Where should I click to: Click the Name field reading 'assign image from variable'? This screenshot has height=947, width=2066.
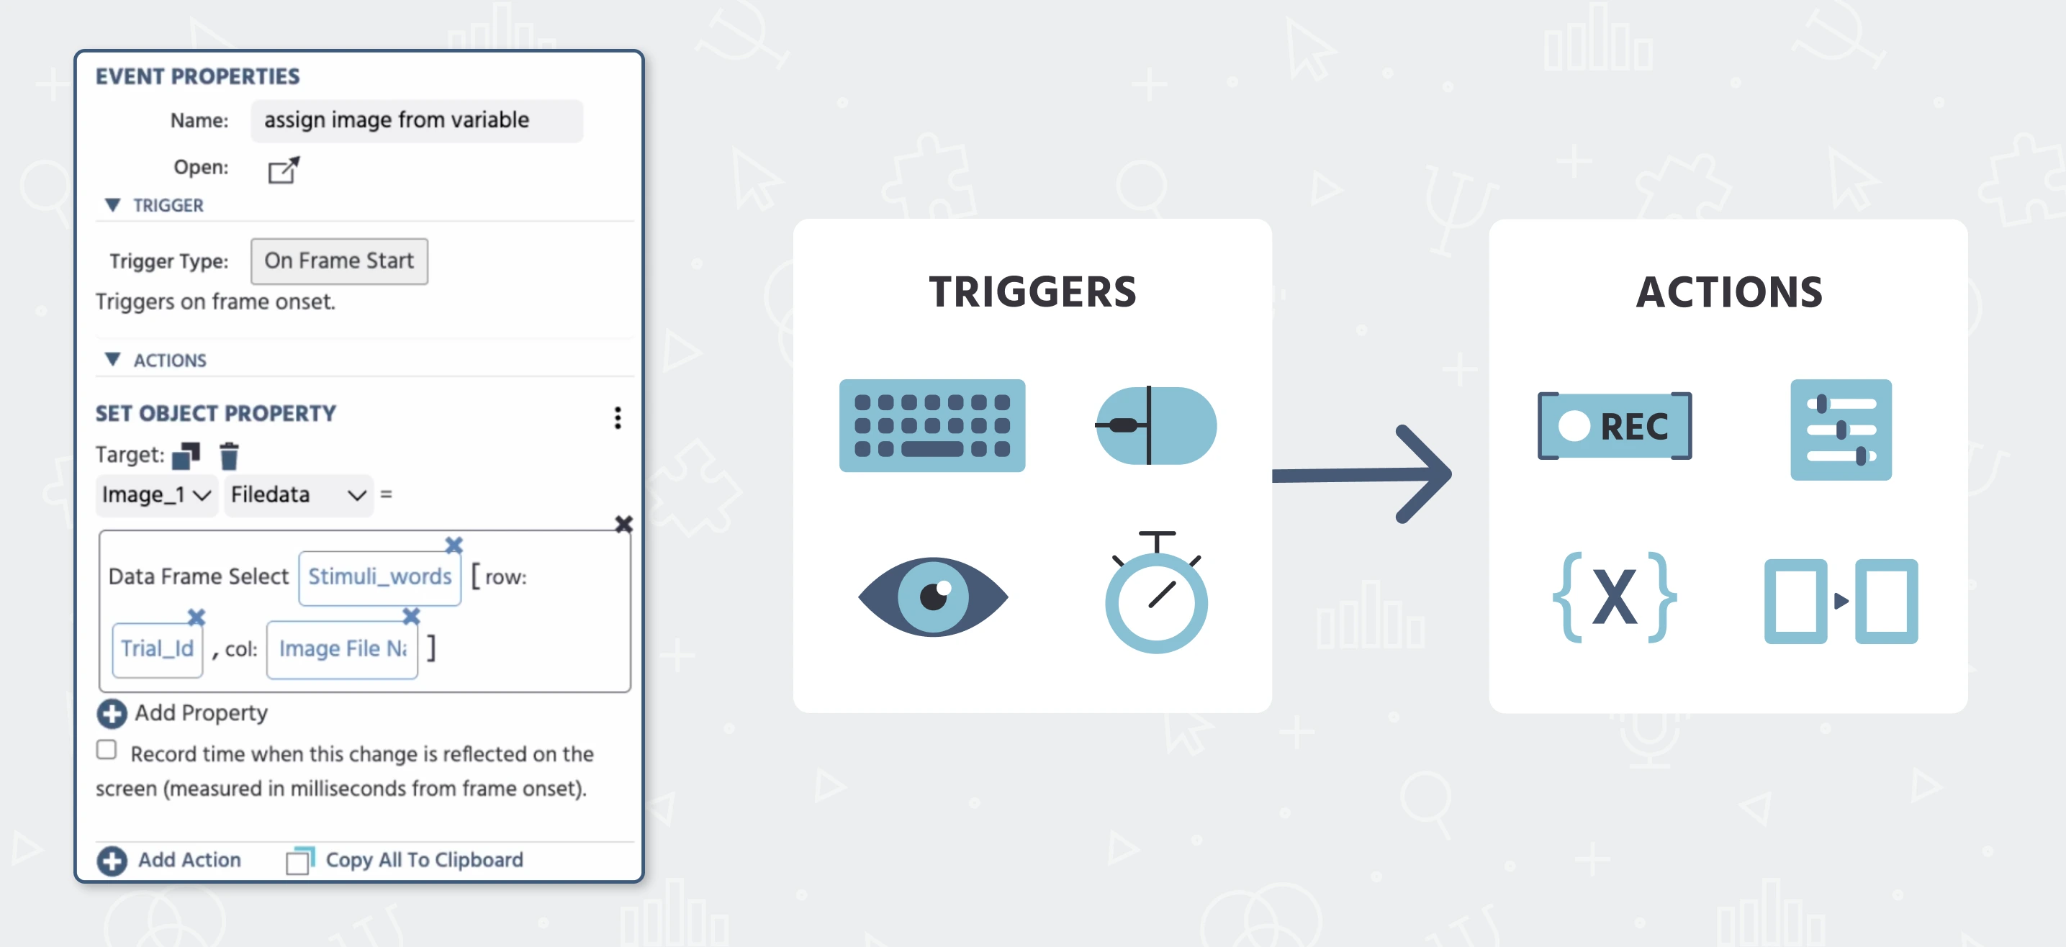click(416, 120)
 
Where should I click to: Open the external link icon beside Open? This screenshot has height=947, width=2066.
click(283, 169)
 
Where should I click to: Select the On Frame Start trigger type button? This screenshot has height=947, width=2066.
click(339, 260)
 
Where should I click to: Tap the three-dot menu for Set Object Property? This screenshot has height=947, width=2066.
click(618, 417)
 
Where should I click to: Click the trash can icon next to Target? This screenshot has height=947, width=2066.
click(230, 456)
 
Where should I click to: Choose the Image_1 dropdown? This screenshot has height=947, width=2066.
click(156, 495)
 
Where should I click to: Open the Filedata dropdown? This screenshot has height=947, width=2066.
click(298, 495)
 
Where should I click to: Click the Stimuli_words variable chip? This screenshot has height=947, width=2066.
click(380, 576)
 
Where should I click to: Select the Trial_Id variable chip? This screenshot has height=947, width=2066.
click(157, 648)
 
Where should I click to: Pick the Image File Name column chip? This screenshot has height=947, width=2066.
click(343, 648)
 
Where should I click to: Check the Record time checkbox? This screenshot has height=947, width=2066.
click(107, 750)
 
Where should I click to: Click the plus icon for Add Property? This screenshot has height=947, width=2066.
click(112, 714)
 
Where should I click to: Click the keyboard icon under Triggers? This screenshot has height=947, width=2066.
click(932, 426)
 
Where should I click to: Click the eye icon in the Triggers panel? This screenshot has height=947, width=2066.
click(933, 597)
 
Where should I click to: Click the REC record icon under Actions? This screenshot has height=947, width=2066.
click(1615, 426)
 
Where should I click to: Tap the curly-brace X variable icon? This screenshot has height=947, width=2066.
click(1615, 597)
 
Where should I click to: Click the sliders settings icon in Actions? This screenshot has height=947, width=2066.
click(1841, 430)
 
